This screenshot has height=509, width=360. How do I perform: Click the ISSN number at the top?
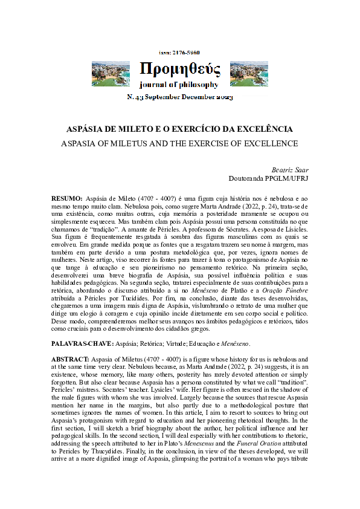(x=179, y=53)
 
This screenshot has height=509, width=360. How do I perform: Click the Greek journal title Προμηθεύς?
(x=180, y=68)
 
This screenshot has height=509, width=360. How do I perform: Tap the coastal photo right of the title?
(x=249, y=73)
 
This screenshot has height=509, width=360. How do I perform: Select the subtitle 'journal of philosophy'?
(x=179, y=84)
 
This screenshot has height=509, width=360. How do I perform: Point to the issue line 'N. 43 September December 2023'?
(x=179, y=97)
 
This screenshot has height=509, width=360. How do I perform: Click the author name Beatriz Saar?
(x=283, y=170)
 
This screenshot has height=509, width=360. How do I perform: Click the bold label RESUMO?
(x=67, y=198)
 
